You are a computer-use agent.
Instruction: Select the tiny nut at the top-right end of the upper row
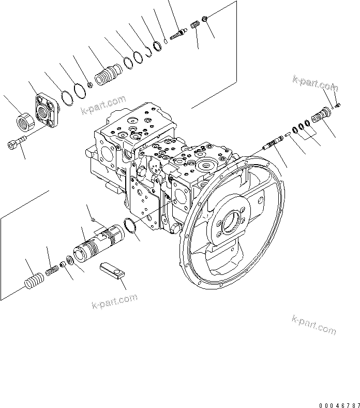pos(205,20)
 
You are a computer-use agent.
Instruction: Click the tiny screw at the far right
pos(337,105)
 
